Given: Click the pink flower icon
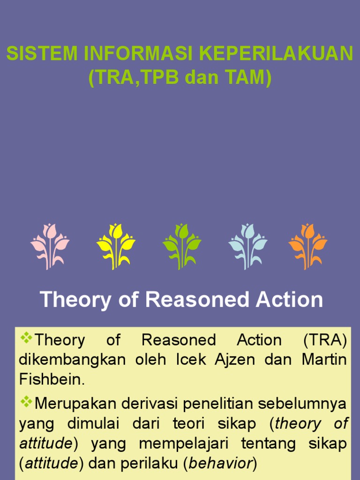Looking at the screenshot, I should pyautogui.click(x=50, y=246).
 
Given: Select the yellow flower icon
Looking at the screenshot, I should pyautogui.click(x=116, y=246).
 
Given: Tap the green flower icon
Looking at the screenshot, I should pyautogui.click(x=182, y=246).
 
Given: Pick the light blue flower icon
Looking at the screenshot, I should pyautogui.click(x=247, y=246).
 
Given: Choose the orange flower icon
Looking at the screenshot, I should pyautogui.click(x=308, y=246).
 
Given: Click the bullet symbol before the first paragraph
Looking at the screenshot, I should pyautogui.click(x=26, y=338).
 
